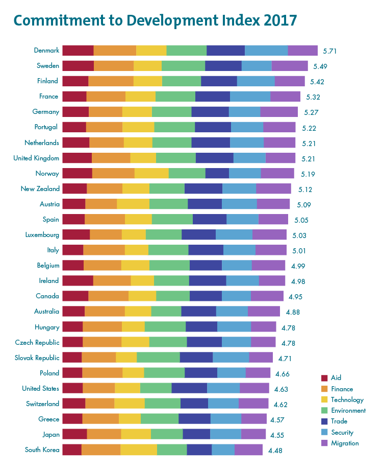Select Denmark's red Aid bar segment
pos(78,50)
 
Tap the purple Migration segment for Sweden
pos(290,65)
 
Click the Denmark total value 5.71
pos(330,51)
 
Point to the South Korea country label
pos(42,450)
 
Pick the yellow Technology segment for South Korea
pos(139,450)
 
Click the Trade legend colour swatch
pos(323,421)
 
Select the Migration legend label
pos(345,443)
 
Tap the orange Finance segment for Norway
pos(113,173)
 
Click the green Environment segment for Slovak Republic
pos(158,358)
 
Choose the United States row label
pos(41,388)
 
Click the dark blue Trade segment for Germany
pos(210,111)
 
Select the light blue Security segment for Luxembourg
pos(234,234)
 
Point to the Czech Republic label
pos(37,342)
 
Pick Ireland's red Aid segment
pos(78,280)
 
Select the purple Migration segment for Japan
pos(253,434)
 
